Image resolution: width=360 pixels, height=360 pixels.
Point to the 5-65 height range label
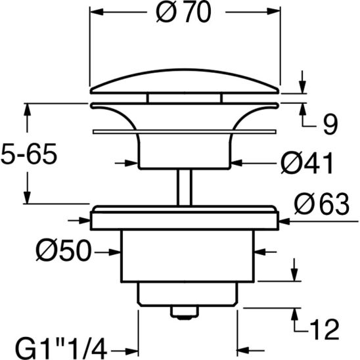click(30, 156)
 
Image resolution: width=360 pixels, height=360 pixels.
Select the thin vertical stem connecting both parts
click(185, 187)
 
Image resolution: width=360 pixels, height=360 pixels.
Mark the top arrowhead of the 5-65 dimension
click(28, 108)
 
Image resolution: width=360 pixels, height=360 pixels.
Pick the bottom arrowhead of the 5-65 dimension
click(28, 200)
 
